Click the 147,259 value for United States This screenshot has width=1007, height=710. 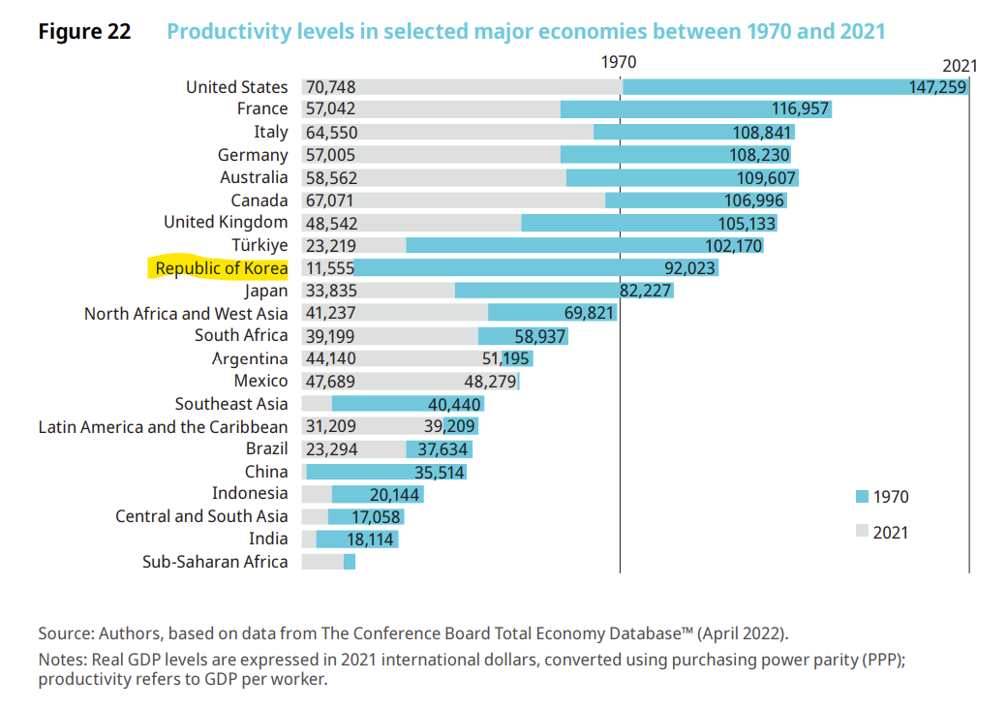point(937,87)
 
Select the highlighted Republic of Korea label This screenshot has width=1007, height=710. point(222,268)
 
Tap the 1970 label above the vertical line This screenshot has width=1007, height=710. point(619,61)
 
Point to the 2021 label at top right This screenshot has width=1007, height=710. point(960,66)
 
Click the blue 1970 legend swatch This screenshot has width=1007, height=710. point(862,497)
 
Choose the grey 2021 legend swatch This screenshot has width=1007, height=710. point(862,532)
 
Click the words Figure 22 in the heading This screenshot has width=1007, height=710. point(84,31)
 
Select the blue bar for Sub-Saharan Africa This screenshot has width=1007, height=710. point(350,562)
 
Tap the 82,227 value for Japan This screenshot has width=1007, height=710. point(645,291)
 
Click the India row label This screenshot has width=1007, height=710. point(269,539)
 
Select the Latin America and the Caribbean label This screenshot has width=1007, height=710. point(163,427)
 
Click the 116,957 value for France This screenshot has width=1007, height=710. point(800,108)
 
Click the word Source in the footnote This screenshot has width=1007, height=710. point(65,633)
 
